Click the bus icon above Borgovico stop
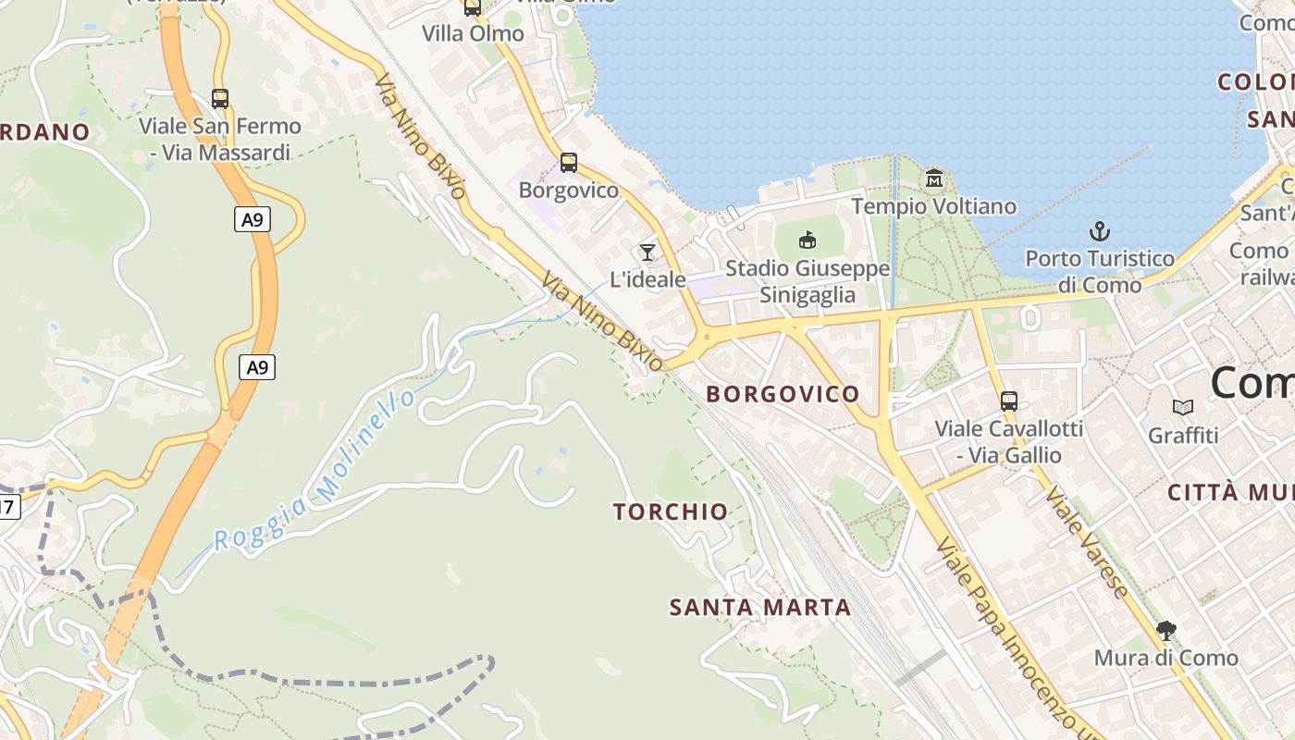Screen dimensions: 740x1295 point(568,164)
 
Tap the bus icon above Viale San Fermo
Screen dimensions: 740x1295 point(220,99)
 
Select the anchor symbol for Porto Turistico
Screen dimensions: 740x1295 point(1100,231)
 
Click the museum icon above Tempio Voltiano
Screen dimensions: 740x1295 point(933,178)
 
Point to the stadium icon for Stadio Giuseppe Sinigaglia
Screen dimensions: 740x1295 point(808,240)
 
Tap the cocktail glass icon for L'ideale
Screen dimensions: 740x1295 point(647,253)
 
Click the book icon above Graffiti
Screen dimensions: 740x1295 point(1182,407)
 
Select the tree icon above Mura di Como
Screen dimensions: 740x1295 point(1165,632)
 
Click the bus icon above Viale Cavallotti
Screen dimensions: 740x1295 point(1008,401)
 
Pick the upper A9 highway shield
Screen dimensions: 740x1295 point(252,219)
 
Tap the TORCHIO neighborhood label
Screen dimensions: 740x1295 point(671,512)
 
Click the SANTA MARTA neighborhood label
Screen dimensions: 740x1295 point(759,608)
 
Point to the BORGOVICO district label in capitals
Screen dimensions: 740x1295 point(783,394)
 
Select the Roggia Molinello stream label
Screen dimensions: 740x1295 point(314,472)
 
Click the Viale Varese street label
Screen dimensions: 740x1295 point(1088,541)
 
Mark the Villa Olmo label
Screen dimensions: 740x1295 point(473,33)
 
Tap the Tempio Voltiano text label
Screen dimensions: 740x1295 point(933,206)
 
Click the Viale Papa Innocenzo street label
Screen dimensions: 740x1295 point(1008,638)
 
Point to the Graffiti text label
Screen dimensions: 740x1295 point(1183,435)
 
